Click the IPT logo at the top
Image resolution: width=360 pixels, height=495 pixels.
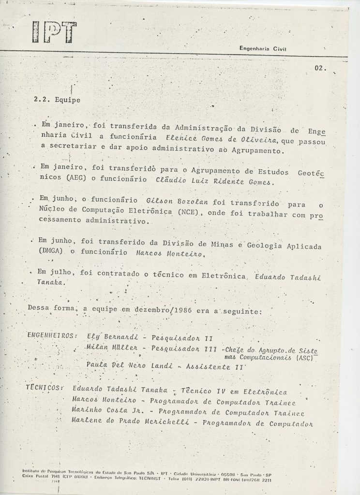pos(52,31)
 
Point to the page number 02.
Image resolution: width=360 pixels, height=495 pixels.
pos(320,68)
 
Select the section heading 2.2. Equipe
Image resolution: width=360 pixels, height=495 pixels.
pos(57,100)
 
